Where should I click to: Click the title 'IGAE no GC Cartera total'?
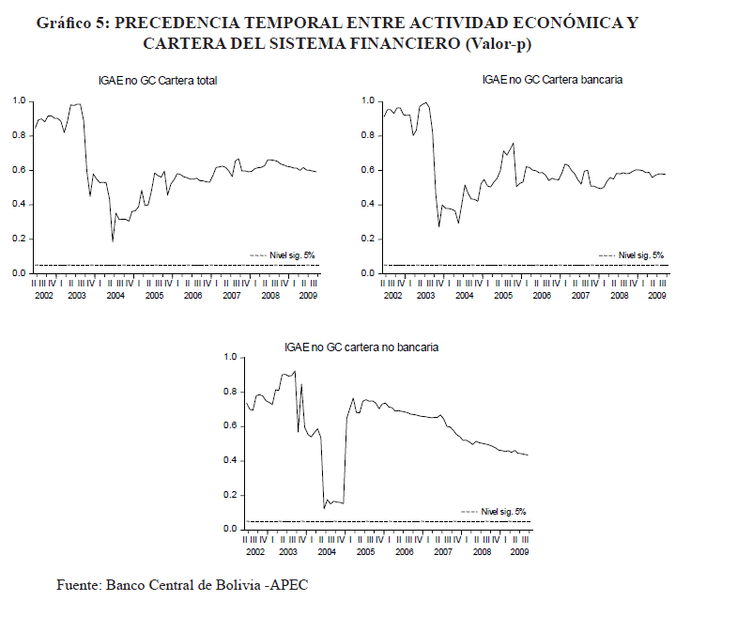point(158,81)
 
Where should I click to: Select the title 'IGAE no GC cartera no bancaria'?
point(361,347)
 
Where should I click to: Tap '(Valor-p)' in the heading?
point(511,43)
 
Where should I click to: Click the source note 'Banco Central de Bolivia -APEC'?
point(207,585)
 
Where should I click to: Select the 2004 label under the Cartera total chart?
point(115,295)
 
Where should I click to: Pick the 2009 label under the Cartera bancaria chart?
point(657,295)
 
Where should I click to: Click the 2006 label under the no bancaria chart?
point(404,551)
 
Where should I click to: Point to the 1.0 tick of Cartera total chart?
point(18,100)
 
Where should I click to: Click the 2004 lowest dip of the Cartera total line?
point(113,241)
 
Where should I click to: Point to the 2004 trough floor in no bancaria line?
point(334,502)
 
